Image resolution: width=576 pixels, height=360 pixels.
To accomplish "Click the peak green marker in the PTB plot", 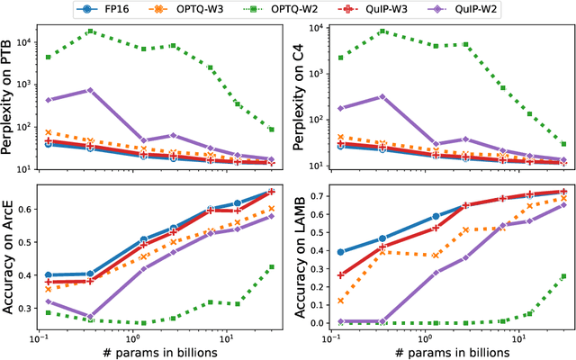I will pos(90,31).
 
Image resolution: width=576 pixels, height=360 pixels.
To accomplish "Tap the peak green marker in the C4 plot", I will pos(383,31).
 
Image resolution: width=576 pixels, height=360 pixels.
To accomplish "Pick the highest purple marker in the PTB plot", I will pos(90,90).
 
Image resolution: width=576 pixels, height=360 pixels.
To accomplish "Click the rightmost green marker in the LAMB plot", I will pos(563,276).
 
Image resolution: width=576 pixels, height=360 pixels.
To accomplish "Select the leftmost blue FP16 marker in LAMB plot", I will pos(341,252).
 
